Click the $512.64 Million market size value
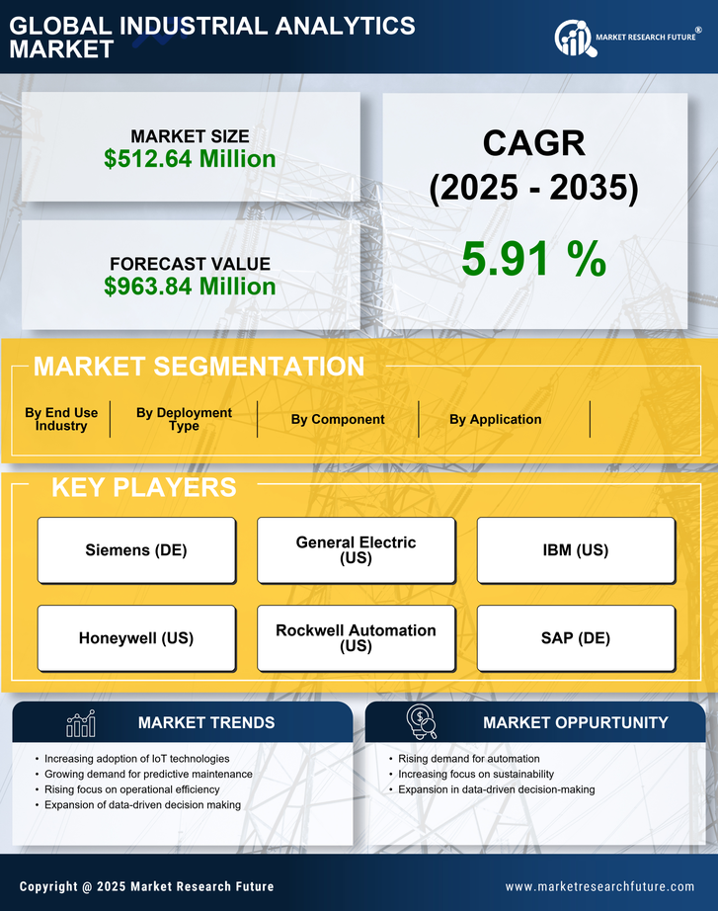point(190,159)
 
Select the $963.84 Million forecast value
point(190,287)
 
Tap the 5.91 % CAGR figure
point(533,259)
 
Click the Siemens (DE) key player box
point(136,550)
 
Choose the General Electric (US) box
point(356,550)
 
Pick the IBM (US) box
point(576,550)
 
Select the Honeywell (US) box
point(136,638)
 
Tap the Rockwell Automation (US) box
point(356,638)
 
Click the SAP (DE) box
point(576,638)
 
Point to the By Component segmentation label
point(338,419)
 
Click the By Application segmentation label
point(495,419)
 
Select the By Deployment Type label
point(184,419)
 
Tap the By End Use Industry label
point(61,419)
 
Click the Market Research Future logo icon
point(573,39)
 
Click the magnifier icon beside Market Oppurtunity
point(422,722)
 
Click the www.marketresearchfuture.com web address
point(599,886)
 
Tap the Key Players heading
point(143,487)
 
